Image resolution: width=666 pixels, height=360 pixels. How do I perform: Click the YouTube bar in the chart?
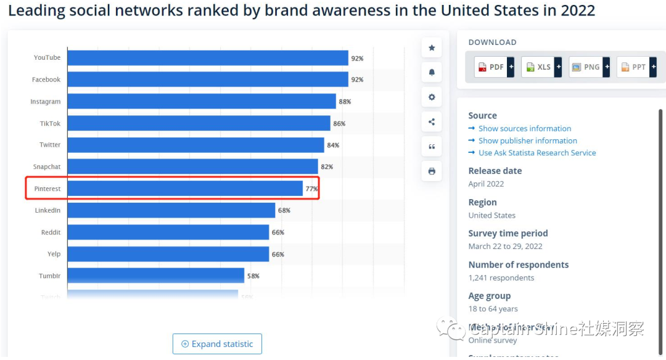click(208, 58)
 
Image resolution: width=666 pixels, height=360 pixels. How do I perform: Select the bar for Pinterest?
click(185, 189)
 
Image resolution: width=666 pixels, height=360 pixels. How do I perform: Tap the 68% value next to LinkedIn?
click(284, 211)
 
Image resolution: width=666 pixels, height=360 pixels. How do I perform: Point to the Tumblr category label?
click(49, 276)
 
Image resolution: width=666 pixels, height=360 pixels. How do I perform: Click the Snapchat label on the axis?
click(47, 167)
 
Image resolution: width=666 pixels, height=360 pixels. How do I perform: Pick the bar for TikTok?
click(199, 123)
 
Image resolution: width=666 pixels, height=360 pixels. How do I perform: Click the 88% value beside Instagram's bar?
click(345, 102)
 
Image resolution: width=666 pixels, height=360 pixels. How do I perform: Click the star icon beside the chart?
click(432, 48)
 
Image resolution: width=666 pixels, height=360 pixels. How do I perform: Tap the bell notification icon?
click(432, 73)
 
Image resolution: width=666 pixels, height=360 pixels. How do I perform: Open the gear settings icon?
click(432, 97)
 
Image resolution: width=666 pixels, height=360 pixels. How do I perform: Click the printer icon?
click(432, 171)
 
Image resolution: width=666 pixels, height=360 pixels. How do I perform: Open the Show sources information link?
click(524, 129)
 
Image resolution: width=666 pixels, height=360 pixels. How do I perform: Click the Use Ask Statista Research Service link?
click(536, 153)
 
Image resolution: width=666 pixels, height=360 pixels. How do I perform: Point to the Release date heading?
click(495, 171)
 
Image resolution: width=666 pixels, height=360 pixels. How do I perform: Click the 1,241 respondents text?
click(501, 278)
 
